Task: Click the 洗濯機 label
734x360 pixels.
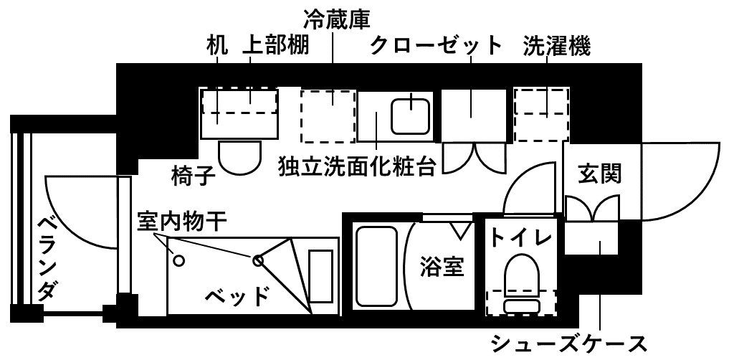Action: pyautogui.click(x=556, y=47)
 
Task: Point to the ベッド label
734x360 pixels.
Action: pyautogui.click(x=237, y=295)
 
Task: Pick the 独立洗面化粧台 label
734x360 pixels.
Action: pyautogui.click(x=358, y=166)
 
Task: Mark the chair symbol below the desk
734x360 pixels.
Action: pyautogui.click(x=240, y=156)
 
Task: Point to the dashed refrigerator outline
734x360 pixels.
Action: pyautogui.click(x=328, y=116)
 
